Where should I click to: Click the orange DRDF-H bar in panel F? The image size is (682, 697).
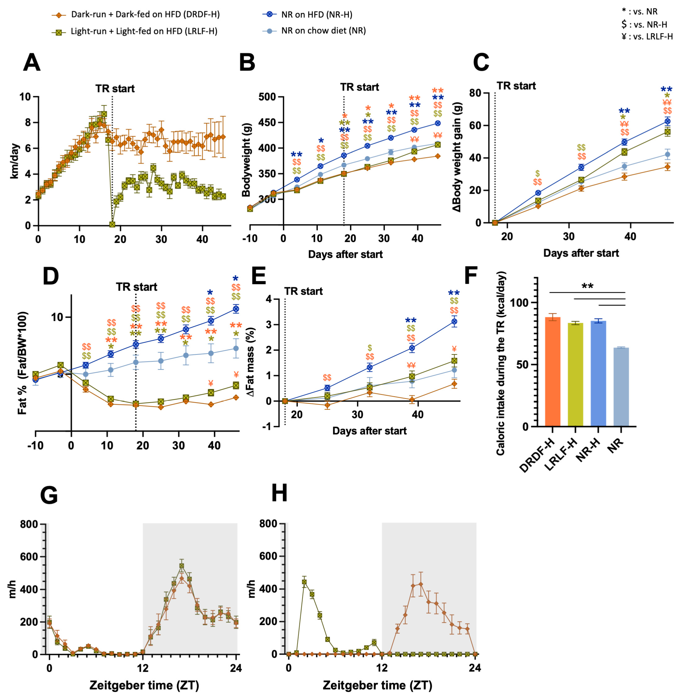pos(552,373)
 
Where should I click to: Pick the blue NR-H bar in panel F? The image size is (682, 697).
pos(598,374)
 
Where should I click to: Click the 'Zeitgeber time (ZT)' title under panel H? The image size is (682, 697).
pos(377,685)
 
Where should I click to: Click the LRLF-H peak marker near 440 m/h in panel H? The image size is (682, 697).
pos(304,582)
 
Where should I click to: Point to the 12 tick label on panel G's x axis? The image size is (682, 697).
pos(143,668)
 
